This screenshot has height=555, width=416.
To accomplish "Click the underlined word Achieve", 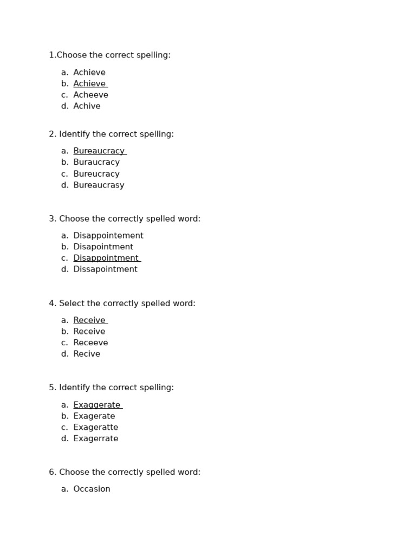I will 89,84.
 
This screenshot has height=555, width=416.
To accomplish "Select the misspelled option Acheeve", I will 90,95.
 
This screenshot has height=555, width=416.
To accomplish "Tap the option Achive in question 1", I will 87,106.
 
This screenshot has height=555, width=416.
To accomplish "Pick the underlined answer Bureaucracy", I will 99,151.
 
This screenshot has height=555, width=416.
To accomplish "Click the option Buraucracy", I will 96,163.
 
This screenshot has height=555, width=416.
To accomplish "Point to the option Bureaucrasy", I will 99,185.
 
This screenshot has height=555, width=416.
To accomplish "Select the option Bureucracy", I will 96,174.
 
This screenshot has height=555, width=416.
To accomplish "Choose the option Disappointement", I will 108,236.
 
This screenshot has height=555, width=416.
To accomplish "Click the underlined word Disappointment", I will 106,259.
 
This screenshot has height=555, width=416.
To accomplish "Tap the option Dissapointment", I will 105,269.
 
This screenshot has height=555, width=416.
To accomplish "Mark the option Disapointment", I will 103,247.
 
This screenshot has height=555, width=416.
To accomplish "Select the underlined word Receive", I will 89,320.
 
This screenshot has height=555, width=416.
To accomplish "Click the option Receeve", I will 90,343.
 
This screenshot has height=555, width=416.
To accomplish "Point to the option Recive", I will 87,354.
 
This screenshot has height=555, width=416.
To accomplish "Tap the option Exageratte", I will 95,428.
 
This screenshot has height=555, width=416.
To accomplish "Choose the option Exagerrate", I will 95,439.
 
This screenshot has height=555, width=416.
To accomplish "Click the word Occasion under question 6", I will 92,489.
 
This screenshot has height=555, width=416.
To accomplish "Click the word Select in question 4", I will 71,304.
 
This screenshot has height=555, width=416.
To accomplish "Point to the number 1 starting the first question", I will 51,55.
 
